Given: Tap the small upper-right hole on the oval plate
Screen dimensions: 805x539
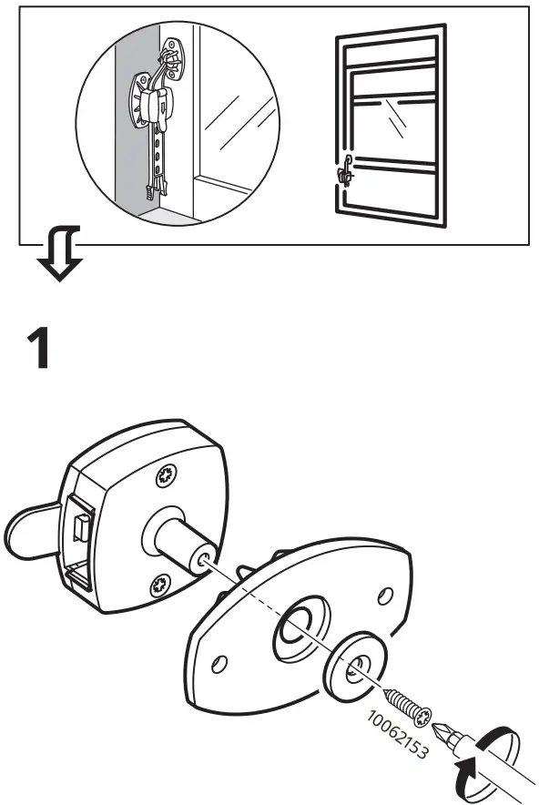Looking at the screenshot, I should pos(384,596).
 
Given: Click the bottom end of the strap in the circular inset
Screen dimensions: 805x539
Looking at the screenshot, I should pos(147,192).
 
